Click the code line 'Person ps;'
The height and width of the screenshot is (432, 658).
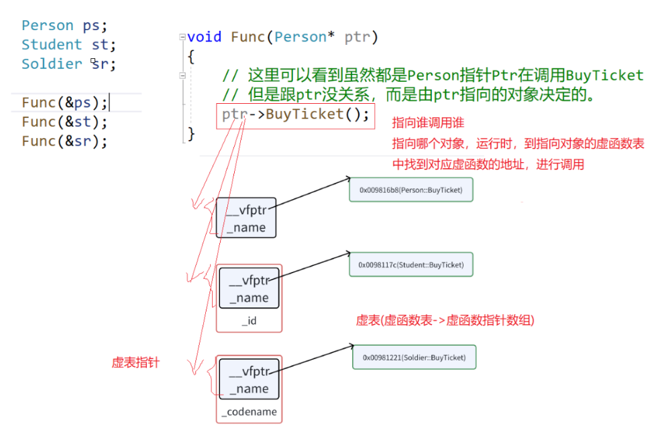tap(64, 25)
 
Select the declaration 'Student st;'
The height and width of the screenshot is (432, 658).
tap(68, 45)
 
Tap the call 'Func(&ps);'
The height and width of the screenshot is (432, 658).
tap(64, 102)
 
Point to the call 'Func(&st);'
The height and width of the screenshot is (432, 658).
tap(64, 122)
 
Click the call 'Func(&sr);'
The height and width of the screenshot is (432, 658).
tap(64, 141)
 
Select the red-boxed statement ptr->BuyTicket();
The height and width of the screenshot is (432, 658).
tap(296, 115)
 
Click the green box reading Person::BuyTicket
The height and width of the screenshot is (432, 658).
tap(410, 190)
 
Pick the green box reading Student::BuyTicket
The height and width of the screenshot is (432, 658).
tap(410, 265)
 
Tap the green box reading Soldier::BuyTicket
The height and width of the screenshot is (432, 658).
tap(414, 358)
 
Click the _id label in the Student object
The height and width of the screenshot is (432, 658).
tap(249, 321)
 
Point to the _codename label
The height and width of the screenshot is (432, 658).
tap(249, 412)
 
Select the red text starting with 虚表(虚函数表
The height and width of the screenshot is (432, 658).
tap(445, 320)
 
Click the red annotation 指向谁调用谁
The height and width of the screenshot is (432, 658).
tap(428, 124)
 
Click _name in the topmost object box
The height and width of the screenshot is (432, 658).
tap(246, 228)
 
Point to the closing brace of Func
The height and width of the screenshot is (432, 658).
tap(191, 134)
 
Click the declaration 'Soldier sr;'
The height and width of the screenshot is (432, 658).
tap(68, 64)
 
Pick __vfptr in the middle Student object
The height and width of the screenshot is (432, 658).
tap(248, 281)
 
